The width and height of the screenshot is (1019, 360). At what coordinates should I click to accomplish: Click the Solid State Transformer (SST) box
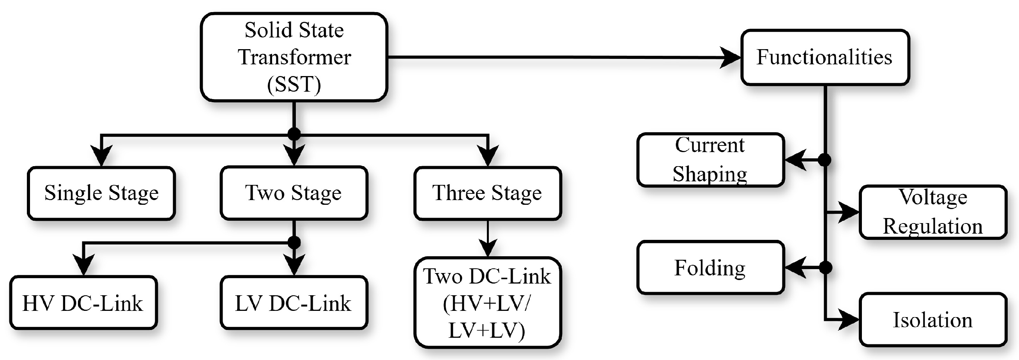294,57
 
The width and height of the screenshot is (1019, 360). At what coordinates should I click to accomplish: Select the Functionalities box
825,57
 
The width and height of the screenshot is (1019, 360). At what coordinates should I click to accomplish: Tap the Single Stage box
101,193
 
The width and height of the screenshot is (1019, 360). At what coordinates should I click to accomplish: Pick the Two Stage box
294,193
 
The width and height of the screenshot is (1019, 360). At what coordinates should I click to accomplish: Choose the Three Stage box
487,193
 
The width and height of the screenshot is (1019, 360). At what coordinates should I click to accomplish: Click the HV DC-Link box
83,303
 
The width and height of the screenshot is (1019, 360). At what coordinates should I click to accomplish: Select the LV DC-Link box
294,303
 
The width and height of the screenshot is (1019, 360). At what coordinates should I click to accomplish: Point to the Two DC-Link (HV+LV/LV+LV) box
487,303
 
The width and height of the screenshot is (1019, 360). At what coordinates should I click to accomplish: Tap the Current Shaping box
710,160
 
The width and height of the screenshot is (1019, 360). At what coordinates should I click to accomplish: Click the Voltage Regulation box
933,212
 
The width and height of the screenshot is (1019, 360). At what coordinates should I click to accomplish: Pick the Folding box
710,268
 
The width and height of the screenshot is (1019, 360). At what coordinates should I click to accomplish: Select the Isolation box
933,320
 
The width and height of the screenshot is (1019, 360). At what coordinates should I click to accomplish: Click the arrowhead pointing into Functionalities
730,58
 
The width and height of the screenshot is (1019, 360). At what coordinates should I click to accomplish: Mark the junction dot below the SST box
294,134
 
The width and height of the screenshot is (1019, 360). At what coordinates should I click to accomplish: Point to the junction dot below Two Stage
294,242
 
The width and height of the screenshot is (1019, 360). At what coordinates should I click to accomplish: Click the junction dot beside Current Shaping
824,160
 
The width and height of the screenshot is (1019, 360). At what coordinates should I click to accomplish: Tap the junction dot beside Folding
825,268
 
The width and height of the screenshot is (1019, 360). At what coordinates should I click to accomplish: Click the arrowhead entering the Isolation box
849,319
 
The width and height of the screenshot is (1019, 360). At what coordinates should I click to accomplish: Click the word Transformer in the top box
294,57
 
